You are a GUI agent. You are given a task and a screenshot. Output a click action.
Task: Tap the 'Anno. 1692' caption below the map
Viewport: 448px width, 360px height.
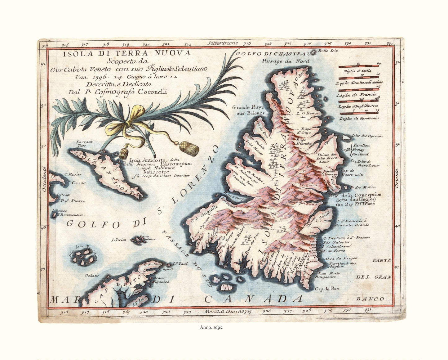click(x=211, y=327)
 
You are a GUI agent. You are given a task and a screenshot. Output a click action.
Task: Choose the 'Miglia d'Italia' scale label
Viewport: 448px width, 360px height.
click(x=360, y=71)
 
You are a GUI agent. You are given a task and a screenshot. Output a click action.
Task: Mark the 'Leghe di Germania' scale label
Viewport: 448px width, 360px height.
click(x=359, y=118)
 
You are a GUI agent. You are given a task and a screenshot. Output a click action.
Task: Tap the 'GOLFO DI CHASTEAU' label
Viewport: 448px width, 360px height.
click(x=274, y=54)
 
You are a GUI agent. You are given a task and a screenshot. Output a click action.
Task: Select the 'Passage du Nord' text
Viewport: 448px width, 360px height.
click(x=286, y=61)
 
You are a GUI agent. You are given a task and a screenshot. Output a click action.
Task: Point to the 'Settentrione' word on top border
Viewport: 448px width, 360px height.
click(x=223, y=43)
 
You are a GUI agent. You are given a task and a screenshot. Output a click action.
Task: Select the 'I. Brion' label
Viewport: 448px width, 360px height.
click(x=118, y=240)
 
